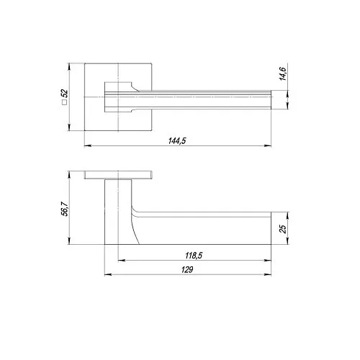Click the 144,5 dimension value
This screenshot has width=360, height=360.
(177, 140)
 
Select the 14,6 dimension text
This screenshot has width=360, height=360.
(283, 73)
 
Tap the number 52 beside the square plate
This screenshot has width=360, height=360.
(65, 94)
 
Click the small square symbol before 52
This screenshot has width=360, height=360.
(64, 102)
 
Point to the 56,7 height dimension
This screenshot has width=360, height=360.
(65, 209)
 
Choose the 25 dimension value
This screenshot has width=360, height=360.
(283, 229)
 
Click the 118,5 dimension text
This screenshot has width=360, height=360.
(194, 256)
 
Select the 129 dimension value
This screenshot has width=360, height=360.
(187, 269)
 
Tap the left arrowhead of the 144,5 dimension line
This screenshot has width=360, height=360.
(88, 145)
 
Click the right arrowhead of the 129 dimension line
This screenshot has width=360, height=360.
(268, 274)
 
